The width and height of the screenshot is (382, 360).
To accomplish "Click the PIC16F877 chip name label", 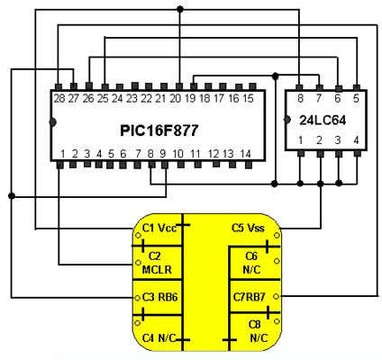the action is (x=159, y=130).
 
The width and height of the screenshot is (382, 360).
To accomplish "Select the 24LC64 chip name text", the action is (x=323, y=121).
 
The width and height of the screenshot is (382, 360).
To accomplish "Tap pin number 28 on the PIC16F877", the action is (x=59, y=98).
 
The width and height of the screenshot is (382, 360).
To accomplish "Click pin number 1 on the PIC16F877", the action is (x=63, y=154).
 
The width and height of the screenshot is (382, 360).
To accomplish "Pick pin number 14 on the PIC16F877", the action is (x=245, y=154).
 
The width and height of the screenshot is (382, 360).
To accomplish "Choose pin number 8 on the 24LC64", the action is (x=300, y=98).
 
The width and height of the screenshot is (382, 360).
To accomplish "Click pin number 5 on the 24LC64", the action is (x=356, y=98).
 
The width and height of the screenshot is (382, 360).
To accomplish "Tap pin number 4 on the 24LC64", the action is (x=356, y=140).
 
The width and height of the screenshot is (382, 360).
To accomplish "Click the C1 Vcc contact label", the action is (x=159, y=228).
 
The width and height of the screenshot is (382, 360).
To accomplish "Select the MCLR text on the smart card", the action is (x=157, y=270).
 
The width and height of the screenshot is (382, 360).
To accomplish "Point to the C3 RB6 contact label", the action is (x=159, y=297).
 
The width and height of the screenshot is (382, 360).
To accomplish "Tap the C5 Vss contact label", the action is (x=248, y=228).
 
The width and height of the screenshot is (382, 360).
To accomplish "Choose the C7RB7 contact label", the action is (x=250, y=297).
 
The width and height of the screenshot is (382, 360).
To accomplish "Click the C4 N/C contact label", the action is (x=159, y=338).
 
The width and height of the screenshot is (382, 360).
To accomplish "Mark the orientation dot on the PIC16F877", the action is (x=53, y=122).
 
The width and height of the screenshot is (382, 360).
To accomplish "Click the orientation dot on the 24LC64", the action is (x=287, y=120).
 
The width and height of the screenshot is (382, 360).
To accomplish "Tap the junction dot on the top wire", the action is (x=180, y=9).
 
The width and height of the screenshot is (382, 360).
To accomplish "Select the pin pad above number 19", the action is (x=194, y=86).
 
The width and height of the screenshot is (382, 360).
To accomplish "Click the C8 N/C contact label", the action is (x=258, y=331).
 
